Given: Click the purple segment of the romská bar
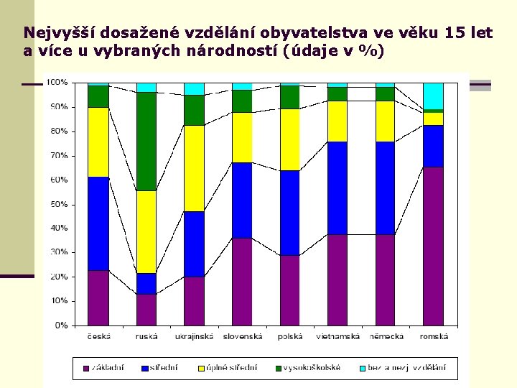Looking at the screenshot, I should click(433, 246).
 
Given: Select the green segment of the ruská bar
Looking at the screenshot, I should click(146, 141).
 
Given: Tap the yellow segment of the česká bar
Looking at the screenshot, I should click(98, 142).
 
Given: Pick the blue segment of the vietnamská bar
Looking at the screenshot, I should click(337, 188).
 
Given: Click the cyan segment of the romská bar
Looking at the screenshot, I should click(433, 96).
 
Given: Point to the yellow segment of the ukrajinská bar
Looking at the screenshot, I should click(194, 168).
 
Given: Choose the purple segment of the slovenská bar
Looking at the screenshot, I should click(242, 281).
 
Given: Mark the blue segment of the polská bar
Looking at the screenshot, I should click(290, 213).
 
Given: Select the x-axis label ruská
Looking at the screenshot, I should click(146, 336).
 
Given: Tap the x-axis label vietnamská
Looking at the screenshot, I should click(337, 336).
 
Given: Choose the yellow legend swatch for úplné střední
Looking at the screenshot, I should click(202, 368).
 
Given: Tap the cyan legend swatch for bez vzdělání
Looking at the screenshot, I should click(362, 368).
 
